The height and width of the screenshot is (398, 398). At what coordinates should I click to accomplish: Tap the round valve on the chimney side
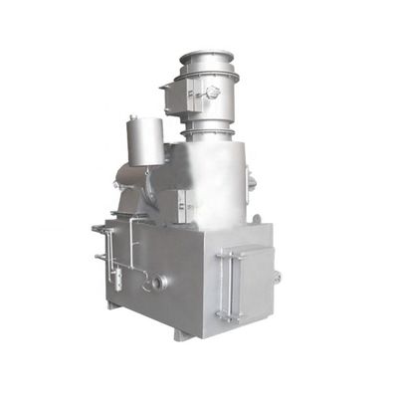211,92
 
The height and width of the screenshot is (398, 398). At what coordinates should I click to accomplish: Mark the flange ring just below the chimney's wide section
206,130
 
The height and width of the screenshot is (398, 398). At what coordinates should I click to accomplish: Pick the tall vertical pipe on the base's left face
130,254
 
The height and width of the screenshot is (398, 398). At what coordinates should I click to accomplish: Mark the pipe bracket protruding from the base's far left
99,230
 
